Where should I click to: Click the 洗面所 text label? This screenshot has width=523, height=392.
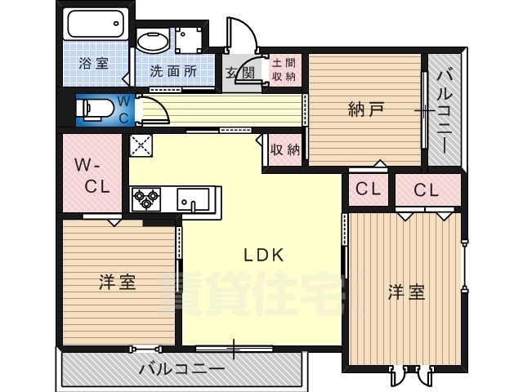(173, 71)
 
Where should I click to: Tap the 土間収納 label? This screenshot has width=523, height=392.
(283, 69)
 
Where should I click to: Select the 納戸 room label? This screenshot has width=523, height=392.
(365, 109)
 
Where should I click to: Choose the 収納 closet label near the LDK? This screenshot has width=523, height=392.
(285, 149)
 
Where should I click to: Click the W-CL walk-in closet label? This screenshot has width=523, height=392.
(92, 176)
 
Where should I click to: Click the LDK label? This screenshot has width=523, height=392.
(263, 254)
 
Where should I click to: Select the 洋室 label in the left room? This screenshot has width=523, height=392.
(117, 283)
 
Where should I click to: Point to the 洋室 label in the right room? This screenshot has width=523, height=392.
(405, 292)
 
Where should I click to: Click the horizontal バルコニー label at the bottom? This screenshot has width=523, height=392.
(181, 369)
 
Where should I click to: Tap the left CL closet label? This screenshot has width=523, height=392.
(368, 189)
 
